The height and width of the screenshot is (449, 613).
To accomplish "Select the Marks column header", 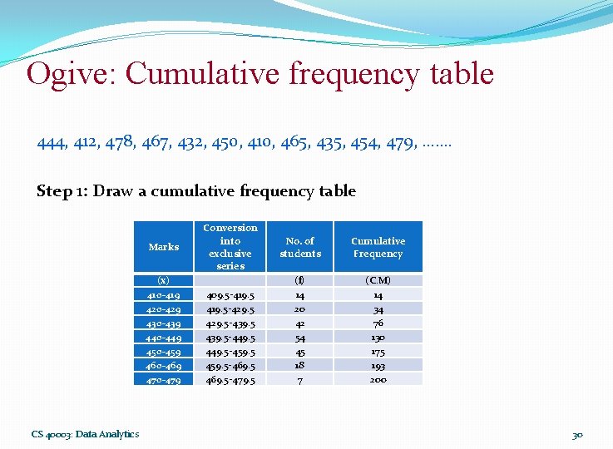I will tap(163, 247).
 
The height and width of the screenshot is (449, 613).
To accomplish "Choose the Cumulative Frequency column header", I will tap(378, 247).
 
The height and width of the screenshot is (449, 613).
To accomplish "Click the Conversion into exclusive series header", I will tap(230, 246).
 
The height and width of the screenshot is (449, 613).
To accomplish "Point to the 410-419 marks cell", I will tap(163, 295).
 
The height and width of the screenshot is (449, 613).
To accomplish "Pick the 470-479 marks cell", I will tap(163, 380).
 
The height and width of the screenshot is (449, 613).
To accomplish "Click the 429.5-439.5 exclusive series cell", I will tap(230, 323).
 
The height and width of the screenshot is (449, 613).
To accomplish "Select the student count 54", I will tap(299, 338).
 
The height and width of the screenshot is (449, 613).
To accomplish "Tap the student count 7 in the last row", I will tap(299, 380).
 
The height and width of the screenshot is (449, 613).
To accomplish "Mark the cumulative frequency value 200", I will tap(378, 380).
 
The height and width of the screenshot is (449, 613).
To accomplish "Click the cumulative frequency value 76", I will tap(378, 323).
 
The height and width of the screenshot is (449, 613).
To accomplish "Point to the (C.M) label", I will tap(378, 281).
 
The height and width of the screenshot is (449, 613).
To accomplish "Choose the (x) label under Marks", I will tap(163, 281).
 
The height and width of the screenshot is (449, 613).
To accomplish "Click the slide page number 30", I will tap(577, 434).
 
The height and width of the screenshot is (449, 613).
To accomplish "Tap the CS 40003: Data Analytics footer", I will tap(85, 434).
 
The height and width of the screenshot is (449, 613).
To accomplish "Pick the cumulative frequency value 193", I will tap(378, 366).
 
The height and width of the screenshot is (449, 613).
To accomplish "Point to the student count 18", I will tap(299, 364).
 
